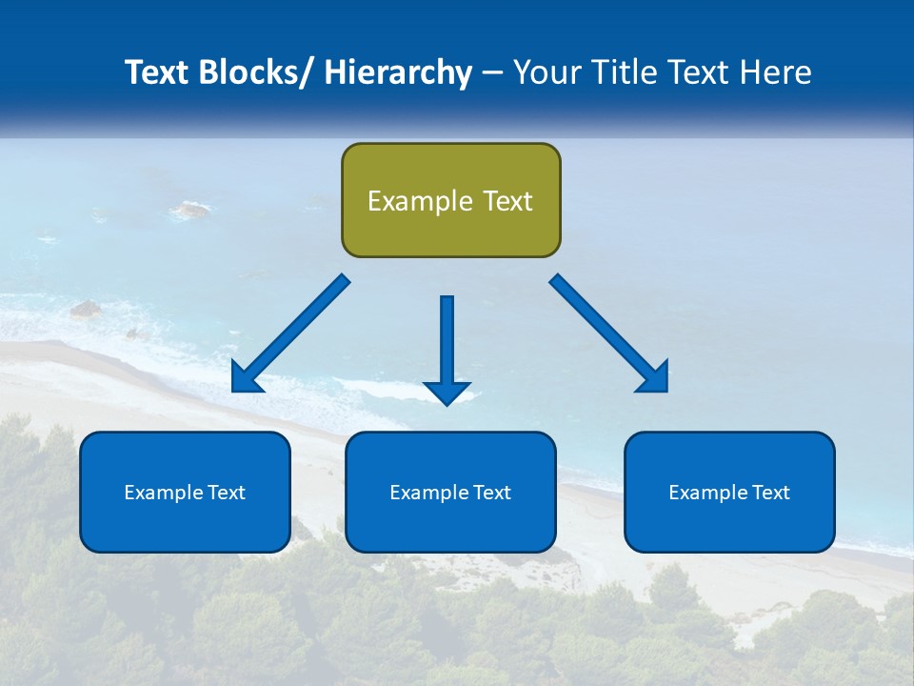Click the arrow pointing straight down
click(447, 343)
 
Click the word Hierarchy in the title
click(398, 72)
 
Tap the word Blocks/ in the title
click(256, 72)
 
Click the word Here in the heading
click(776, 72)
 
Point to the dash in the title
click(492, 73)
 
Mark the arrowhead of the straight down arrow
click(447, 392)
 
